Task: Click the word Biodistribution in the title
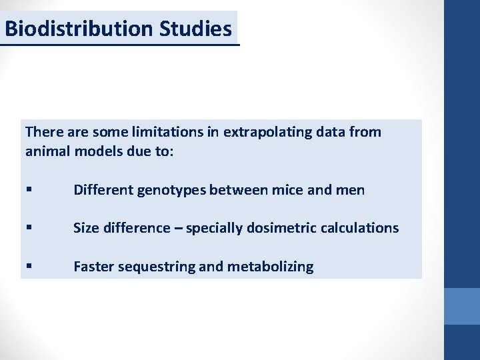pyautogui.click(x=79, y=29)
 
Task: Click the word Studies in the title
pyautogui.click(x=196, y=29)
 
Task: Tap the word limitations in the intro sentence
pyautogui.click(x=170, y=132)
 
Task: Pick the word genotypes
pyautogui.click(x=173, y=190)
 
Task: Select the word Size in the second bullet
pyautogui.click(x=85, y=228)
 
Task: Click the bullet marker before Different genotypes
pyautogui.click(x=28, y=191)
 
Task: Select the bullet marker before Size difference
pyautogui.click(x=28, y=229)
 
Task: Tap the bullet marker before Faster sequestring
pyautogui.click(x=28, y=267)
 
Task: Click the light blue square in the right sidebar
pyautogui.click(x=462, y=306)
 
